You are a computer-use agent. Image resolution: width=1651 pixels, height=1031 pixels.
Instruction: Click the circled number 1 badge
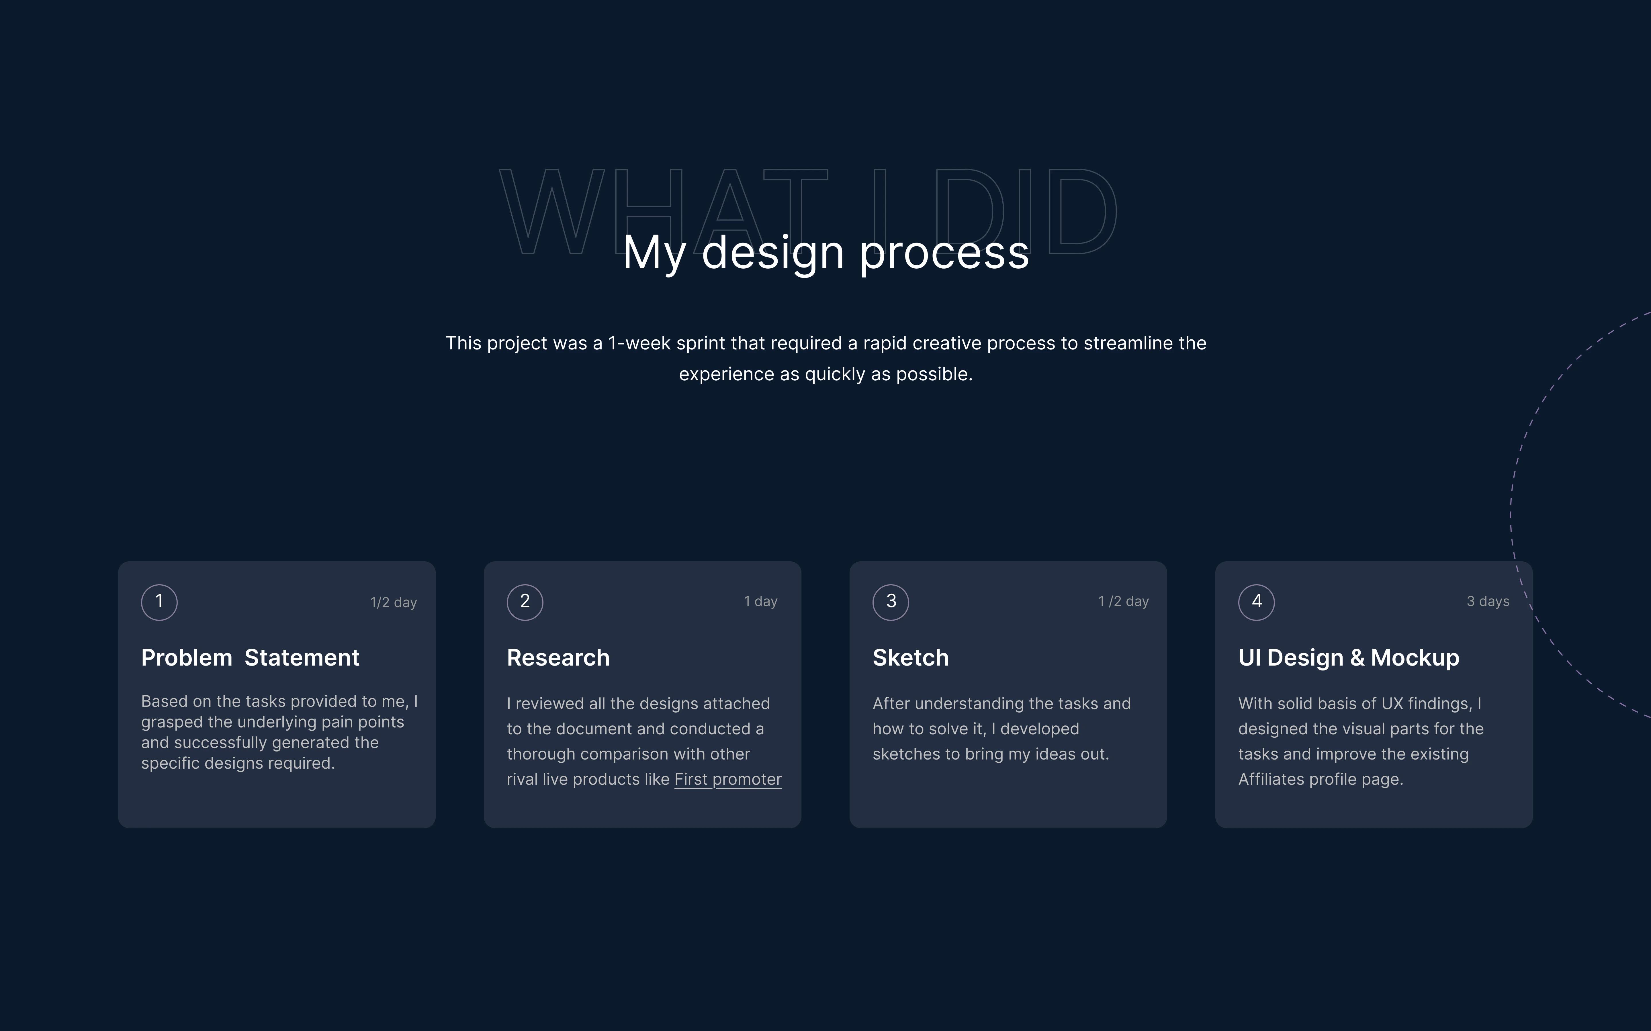pos(159,602)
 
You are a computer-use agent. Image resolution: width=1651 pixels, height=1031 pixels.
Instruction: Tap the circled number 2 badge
pos(525,602)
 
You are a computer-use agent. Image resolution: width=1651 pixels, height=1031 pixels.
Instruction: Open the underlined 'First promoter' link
pos(728,779)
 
